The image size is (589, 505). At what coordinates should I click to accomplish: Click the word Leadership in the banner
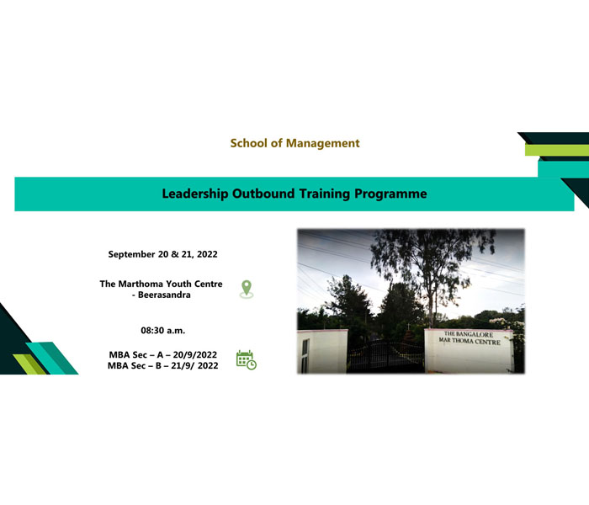(195, 194)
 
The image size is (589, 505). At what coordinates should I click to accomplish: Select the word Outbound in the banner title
(263, 194)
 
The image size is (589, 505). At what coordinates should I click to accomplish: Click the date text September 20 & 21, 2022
(162, 254)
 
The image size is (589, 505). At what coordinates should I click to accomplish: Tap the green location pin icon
(247, 290)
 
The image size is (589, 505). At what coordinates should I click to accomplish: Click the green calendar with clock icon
(247, 360)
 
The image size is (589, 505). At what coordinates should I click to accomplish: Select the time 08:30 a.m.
(163, 331)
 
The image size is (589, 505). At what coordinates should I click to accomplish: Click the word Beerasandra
(164, 295)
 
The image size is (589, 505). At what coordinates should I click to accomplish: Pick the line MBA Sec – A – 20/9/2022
(163, 354)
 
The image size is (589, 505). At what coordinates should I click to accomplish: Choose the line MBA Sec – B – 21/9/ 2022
(162, 365)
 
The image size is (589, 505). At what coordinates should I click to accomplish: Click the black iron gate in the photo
(385, 356)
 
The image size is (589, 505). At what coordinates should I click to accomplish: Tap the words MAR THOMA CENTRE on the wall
(470, 341)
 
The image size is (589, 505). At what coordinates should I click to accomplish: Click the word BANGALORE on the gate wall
(475, 334)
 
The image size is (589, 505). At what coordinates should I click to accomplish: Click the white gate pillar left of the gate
(322, 351)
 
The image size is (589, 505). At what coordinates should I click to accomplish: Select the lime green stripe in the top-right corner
(557, 150)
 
